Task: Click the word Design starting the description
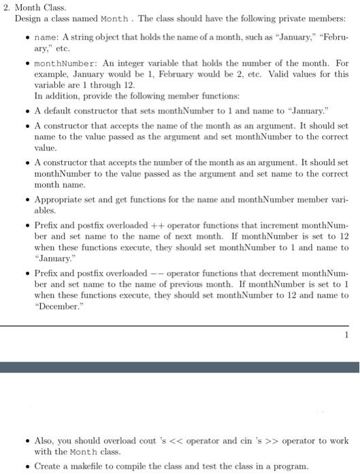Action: point(27,18)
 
